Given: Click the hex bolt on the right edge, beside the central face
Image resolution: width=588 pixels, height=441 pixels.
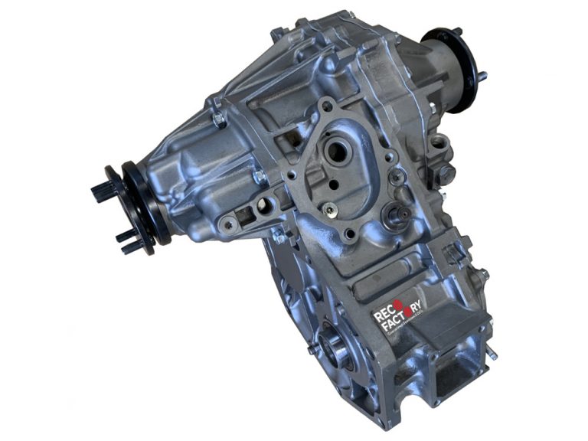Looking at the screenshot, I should click(446, 172).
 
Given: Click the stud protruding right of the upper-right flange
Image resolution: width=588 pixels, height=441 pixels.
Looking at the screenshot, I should click(484, 76).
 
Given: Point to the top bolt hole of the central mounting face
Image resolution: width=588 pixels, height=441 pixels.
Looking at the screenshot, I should click(327, 106).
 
